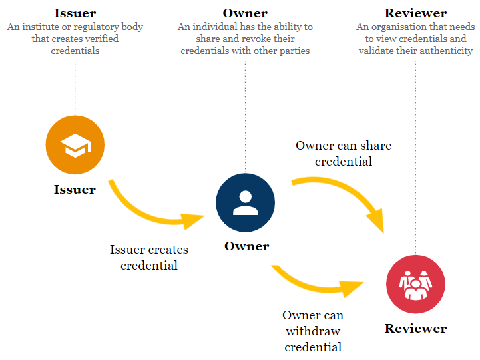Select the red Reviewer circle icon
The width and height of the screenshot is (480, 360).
pyautogui.click(x=415, y=284)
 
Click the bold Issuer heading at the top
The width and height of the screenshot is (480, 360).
pyautogui.click(x=75, y=13)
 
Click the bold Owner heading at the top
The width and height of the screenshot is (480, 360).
pyautogui.click(x=245, y=13)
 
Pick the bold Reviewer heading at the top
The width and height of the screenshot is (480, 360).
pyautogui.click(x=415, y=13)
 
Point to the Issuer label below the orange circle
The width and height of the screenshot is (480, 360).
pyautogui.click(x=75, y=190)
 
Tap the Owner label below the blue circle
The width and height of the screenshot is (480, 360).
pyautogui.click(x=246, y=246)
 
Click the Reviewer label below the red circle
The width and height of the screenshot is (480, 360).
pyautogui.click(x=415, y=329)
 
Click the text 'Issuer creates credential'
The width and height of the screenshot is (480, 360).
pyautogui.click(x=149, y=258)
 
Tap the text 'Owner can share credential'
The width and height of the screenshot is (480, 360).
pyautogui.click(x=344, y=154)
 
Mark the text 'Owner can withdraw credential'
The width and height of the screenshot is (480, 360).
pyautogui.click(x=313, y=331)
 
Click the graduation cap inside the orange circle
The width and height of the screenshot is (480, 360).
pyautogui.click(x=75, y=146)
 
